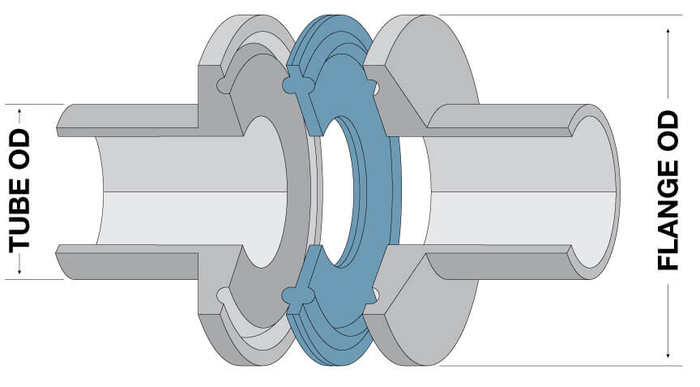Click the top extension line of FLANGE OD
point(551,15)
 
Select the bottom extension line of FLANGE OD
point(551,366)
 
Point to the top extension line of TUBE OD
point(41,104)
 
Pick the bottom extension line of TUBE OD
point(41,279)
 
